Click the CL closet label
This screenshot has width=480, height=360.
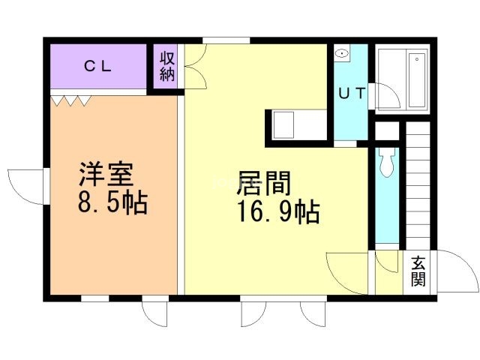pyautogui.click(x=97, y=66)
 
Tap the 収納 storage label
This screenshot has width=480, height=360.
pyautogui.click(x=166, y=66)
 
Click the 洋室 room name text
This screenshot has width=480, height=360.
pyautogui.click(x=106, y=175)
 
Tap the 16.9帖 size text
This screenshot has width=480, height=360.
pyautogui.click(x=278, y=212)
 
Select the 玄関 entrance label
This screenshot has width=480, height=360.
pyautogui.click(x=418, y=271)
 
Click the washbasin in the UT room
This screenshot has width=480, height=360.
pyautogui.click(x=341, y=54)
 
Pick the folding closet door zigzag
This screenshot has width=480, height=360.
pyautogui.click(x=71, y=100)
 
